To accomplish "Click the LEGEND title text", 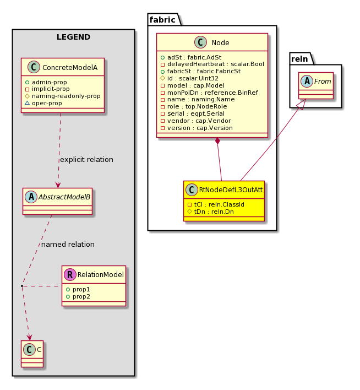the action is pos(73,37).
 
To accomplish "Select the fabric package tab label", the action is pos(162,20).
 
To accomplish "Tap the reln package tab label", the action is pos(299,59).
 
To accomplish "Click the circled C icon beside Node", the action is pos(200,42).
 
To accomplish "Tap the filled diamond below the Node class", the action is pos(217,141).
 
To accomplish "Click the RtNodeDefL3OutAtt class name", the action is pos(231,190).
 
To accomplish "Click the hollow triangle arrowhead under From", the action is pos(301,103).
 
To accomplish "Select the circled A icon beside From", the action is pos(307,81).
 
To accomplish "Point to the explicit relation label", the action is pos(86,159).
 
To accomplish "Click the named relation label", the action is pos(68,244).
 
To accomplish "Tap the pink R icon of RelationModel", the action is pos(70,274).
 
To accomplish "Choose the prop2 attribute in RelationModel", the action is pos(78,297).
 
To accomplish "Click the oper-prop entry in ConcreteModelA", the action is pos(43,103).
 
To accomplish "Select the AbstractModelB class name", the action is pos(64,197).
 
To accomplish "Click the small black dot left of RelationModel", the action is pos(22,286).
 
